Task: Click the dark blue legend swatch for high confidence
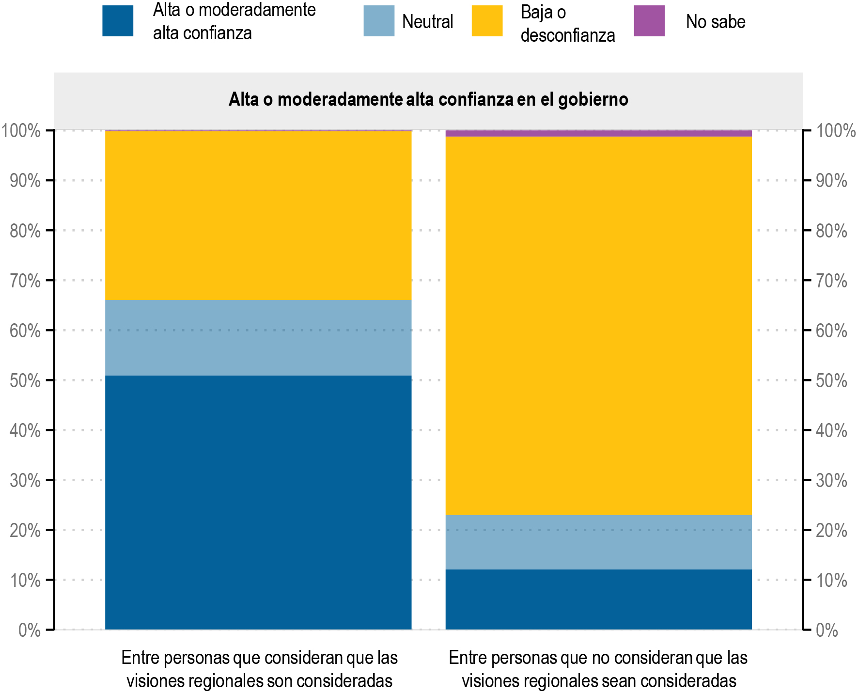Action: (118, 21)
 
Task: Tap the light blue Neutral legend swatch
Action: (379, 21)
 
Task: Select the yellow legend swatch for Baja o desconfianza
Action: (487, 21)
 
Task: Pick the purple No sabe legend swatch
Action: (649, 21)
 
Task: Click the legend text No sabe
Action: (715, 22)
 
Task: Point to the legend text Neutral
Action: (427, 22)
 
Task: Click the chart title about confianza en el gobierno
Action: (428, 99)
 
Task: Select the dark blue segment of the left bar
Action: (258, 502)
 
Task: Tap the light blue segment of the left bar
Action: (258, 338)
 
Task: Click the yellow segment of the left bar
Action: (258, 216)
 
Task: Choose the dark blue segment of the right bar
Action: (598, 599)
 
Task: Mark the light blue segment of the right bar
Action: (598, 542)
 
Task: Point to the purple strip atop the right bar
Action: (598, 133)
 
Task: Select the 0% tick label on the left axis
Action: (30, 631)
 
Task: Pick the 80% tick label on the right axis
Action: (831, 231)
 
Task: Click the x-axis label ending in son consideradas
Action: (259, 669)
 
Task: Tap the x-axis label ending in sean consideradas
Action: (598, 669)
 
